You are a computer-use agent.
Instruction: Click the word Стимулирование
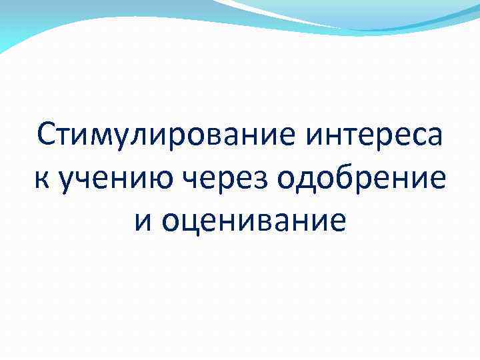(167, 138)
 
